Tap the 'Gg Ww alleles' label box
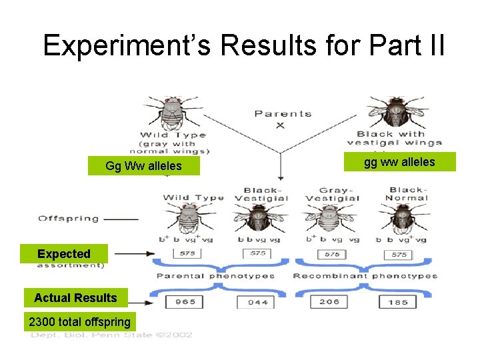click(x=143, y=166)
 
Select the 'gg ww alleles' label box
click(x=399, y=162)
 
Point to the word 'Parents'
click(x=283, y=113)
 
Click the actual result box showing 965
click(x=185, y=302)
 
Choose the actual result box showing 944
click(x=258, y=302)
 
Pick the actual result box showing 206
click(x=329, y=302)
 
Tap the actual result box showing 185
click(x=398, y=302)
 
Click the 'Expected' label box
click(x=64, y=254)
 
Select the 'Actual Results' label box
click(x=75, y=298)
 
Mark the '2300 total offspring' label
click(x=79, y=322)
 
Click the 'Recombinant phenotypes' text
click(x=365, y=275)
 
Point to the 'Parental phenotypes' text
click(x=215, y=275)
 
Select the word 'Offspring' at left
click(x=69, y=218)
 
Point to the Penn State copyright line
click(x=111, y=335)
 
